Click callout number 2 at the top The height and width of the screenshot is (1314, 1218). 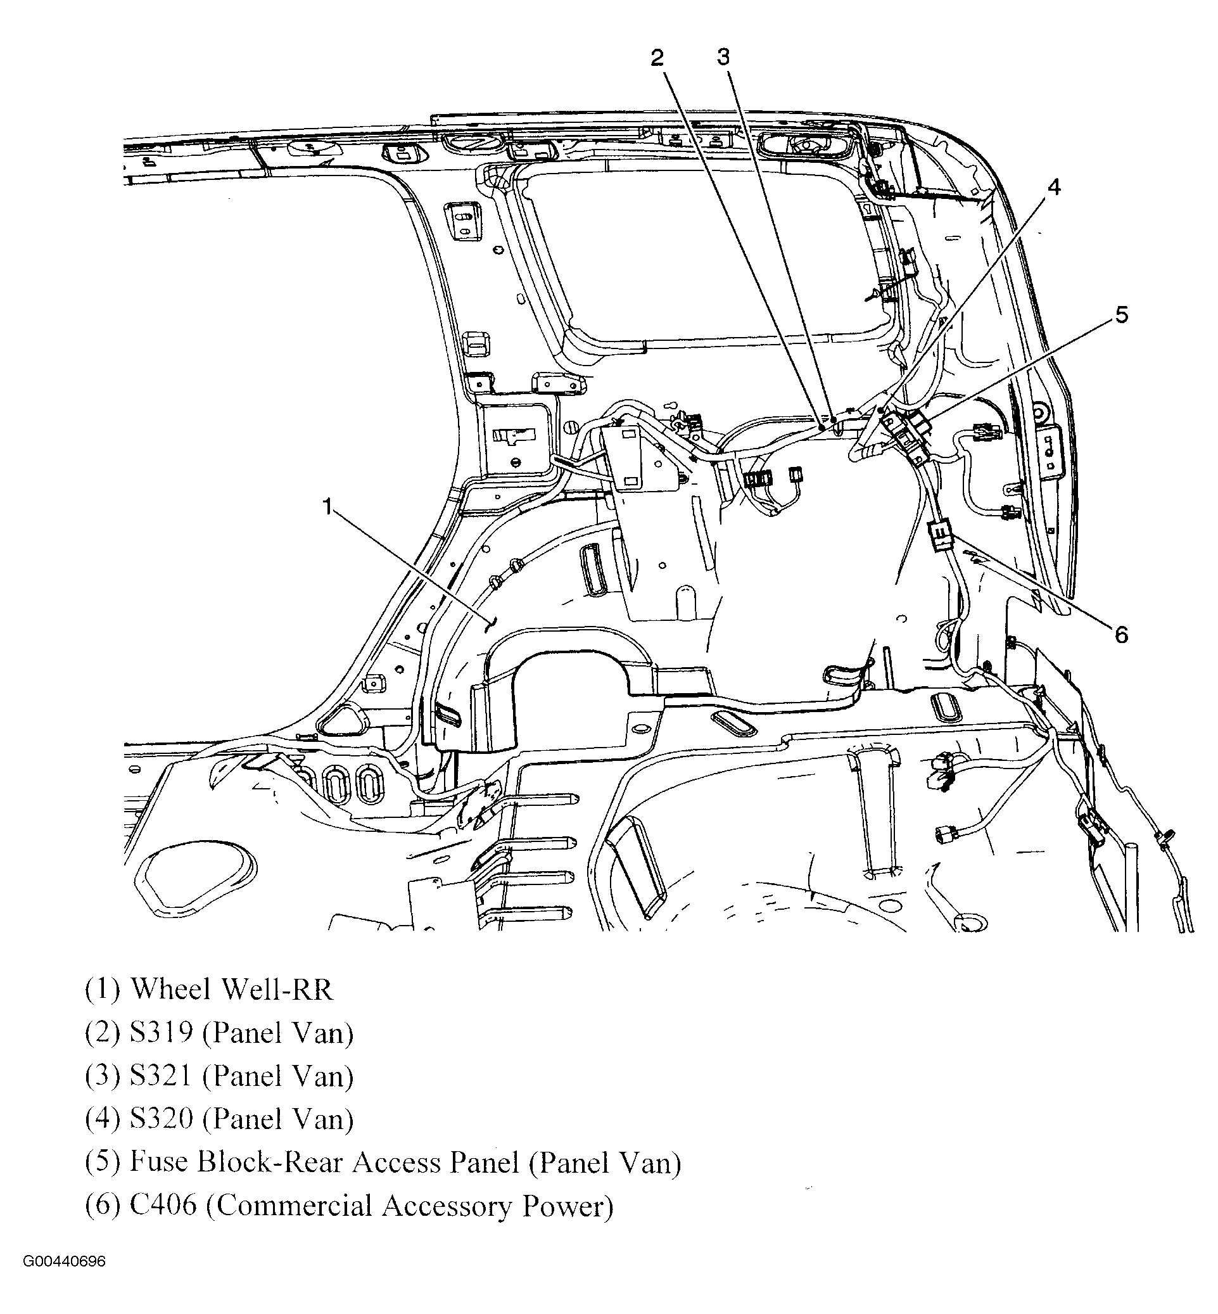tap(657, 58)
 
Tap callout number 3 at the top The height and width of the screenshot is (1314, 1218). tap(724, 58)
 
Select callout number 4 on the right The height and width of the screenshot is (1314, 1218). tap(1055, 188)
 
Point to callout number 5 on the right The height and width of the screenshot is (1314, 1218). tap(1121, 314)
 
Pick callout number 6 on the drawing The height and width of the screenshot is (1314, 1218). tap(1121, 635)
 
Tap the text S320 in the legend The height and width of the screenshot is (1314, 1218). tap(162, 1119)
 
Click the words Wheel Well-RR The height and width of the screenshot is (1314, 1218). tap(231, 990)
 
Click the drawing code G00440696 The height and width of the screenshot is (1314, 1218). tap(64, 1262)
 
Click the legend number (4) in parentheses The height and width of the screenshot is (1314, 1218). tap(103, 1119)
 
